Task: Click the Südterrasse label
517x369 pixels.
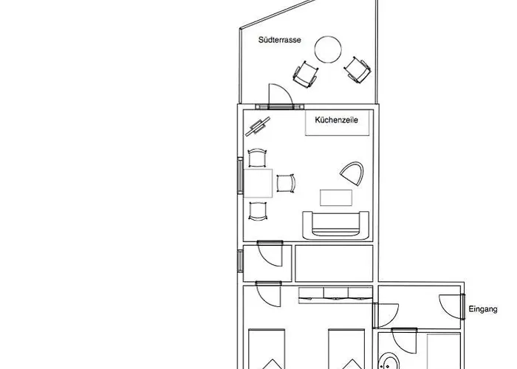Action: point(280,40)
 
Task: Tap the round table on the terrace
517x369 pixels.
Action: point(328,49)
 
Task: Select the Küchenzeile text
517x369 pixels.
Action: point(336,120)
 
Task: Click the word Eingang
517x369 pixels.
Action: point(483,309)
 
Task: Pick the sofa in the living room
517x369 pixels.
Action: point(335,226)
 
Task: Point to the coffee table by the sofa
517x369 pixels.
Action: point(336,198)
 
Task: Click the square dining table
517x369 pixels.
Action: point(258,183)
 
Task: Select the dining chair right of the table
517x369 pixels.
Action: point(286,183)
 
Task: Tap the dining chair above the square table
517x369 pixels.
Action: point(257,157)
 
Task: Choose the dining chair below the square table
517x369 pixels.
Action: point(258,211)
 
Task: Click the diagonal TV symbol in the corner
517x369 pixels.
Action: point(258,126)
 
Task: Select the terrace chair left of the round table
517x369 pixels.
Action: point(306,75)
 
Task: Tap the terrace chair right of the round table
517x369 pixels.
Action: point(357,70)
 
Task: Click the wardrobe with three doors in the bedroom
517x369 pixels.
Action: point(335,295)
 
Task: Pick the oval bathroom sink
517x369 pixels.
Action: point(388,362)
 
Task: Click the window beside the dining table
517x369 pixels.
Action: point(240,176)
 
